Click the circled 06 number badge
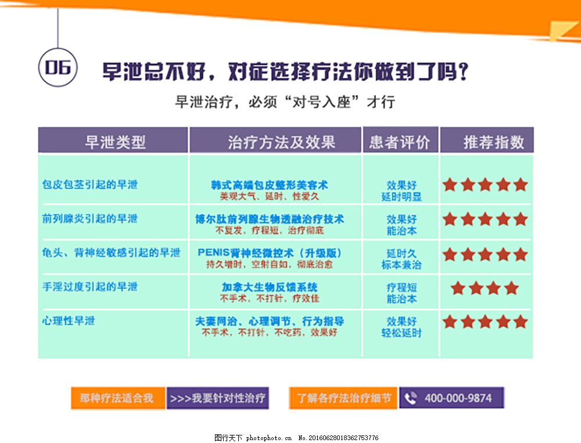coord(58,67)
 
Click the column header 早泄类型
coord(115,142)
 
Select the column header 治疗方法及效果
coord(282,142)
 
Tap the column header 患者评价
coord(400,142)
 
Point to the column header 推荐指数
coord(493,142)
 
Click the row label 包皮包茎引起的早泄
coord(90,184)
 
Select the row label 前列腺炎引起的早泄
coord(90,218)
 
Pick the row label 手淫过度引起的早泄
coord(90,286)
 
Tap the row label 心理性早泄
coord(69,320)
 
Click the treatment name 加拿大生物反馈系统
coord(270,287)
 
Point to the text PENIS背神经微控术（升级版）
coord(270,253)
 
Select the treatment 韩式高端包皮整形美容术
coord(270,185)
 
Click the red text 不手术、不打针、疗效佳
coord(270,298)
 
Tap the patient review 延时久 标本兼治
coord(401,259)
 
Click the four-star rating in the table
coord(485,288)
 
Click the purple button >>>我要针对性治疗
coord(218,398)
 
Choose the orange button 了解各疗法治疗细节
coord(343,398)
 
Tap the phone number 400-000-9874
coord(458,398)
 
